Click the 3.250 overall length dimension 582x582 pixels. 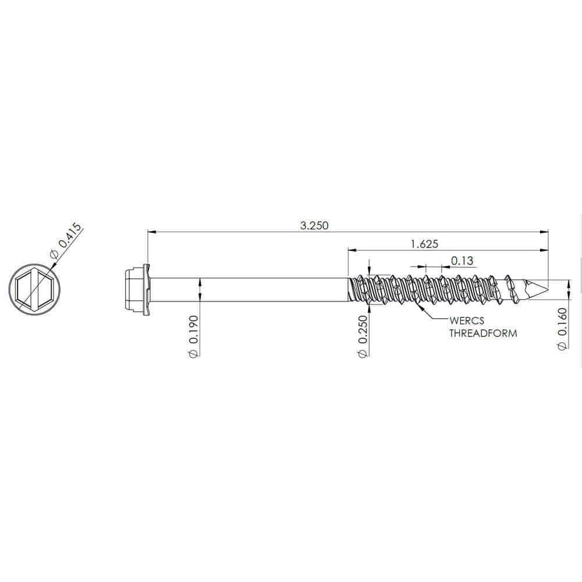point(314,226)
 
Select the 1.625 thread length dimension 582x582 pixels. point(424,244)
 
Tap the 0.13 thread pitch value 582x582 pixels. point(462,260)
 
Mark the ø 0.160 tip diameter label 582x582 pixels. point(562,329)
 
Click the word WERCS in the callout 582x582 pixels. point(466,321)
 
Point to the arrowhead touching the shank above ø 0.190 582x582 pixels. point(200,282)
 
